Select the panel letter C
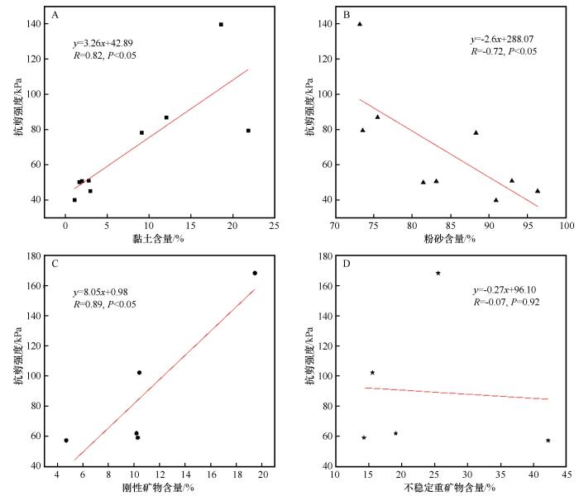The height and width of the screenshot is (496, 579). [x=55, y=265]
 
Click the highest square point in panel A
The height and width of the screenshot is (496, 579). [x=221, y=25]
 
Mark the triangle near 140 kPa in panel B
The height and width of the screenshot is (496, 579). [x=360, y=24]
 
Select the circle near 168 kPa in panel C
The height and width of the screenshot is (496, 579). [x=255, y=273]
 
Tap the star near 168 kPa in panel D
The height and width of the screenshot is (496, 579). [x=438, y=273]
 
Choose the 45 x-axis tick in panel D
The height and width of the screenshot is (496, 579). [x=567, y=475]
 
